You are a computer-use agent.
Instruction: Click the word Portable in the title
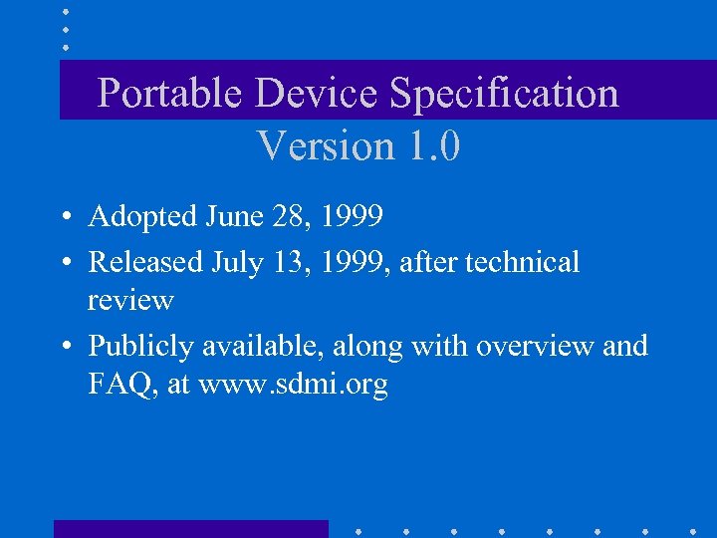tap(170, 94)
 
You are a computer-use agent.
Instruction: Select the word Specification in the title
tap(505, 94)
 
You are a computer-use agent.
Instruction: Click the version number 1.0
tap(434, 146)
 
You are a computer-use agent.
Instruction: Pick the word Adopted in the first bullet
tap(143, 215)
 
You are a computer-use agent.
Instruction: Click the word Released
tap(145, 262)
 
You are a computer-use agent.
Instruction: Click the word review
tap(130, 299)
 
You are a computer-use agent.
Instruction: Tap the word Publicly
tap(141, 347)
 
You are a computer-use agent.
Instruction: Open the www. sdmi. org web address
tap(293, 385)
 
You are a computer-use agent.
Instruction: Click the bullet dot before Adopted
tap(63, 216)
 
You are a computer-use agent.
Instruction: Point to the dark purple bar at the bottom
tap(190, 529)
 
